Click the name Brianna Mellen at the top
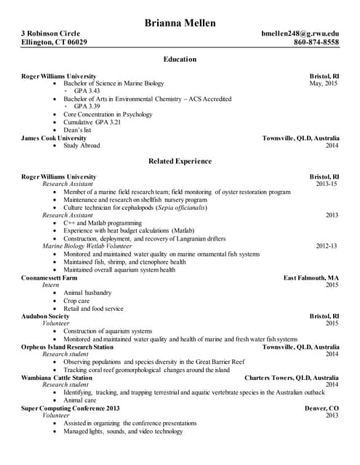[x=180, y=23]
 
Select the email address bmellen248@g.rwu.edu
[x=300, y=33]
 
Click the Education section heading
[x=180, y=59]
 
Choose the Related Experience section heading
[x=180, y=161]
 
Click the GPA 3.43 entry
[x=92, y=91]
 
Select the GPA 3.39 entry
[x=92, y=106]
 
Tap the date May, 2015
[x=324, y=84]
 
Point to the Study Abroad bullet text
[x=81, y=145]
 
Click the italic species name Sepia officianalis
[x=181, y=207]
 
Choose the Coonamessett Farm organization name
[x=49, y=278]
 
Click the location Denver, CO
[x=321, y=408]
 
